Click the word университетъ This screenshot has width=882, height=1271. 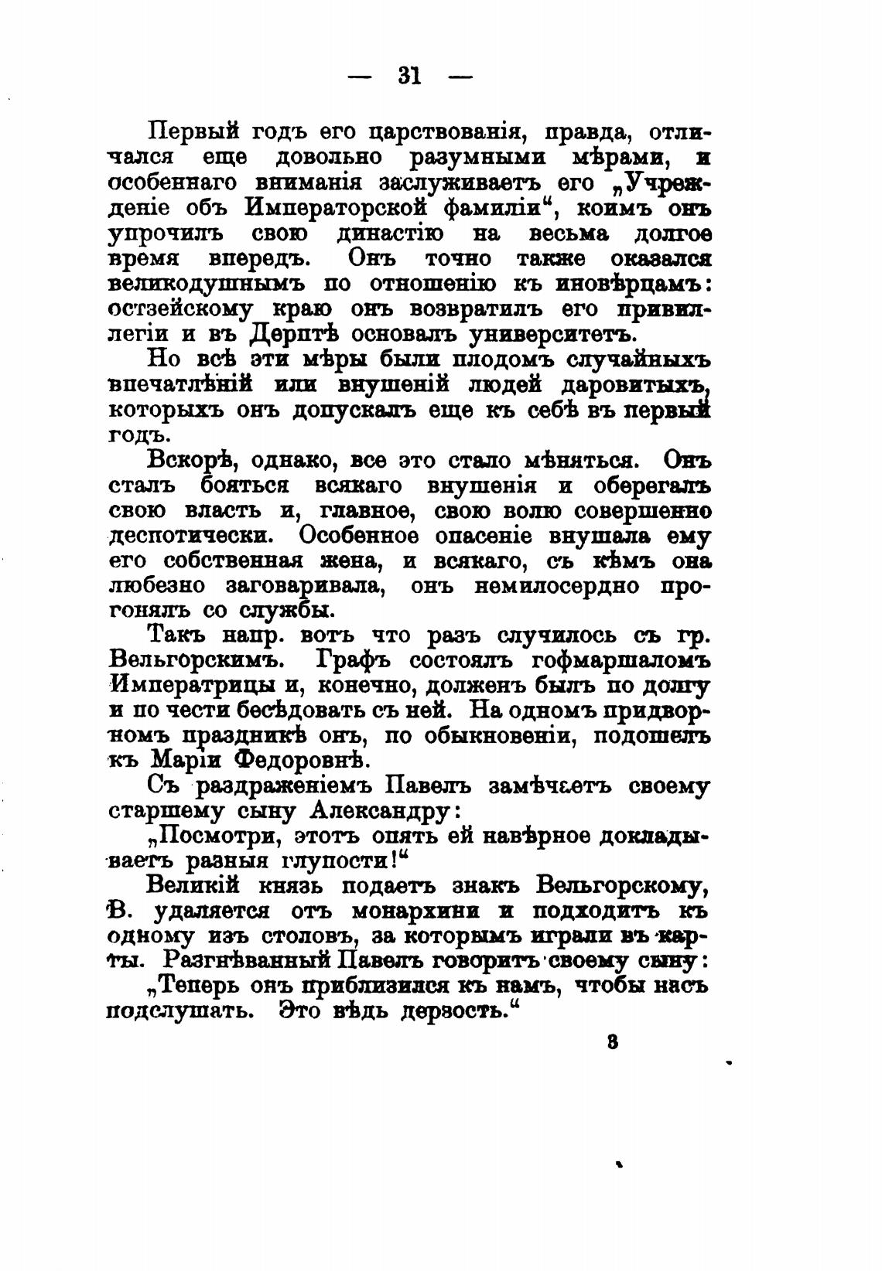pos(549,334)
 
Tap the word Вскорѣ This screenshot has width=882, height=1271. pos(186,461)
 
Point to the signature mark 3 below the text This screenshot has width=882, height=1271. pos(612,1041)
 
